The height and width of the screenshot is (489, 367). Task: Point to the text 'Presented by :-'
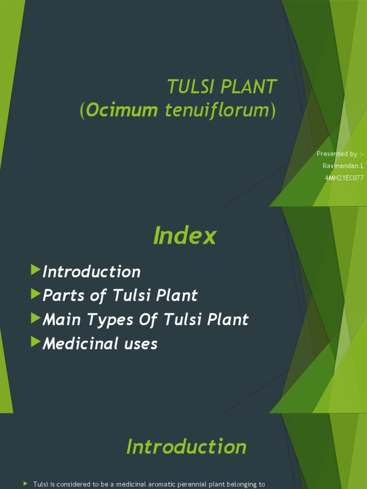[340, 154]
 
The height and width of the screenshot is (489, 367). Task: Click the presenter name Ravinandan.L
[344, 166]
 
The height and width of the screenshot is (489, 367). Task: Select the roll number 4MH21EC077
[344, 178]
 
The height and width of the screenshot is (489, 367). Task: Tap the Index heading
[184, 236]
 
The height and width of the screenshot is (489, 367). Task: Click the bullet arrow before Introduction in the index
[35, 270]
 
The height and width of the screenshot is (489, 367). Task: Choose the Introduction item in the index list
[91, 272]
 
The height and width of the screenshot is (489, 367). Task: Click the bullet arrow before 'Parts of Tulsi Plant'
[35, 294]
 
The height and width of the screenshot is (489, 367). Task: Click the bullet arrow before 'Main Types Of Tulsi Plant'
[35, 318]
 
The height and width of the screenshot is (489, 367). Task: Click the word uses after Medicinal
[141, 343]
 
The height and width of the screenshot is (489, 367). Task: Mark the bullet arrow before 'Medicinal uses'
[35, 342]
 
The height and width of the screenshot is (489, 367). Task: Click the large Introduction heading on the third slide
[186, 447]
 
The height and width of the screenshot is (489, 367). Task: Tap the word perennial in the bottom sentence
[186, 484]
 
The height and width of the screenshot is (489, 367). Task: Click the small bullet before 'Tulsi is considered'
[26, 484]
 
